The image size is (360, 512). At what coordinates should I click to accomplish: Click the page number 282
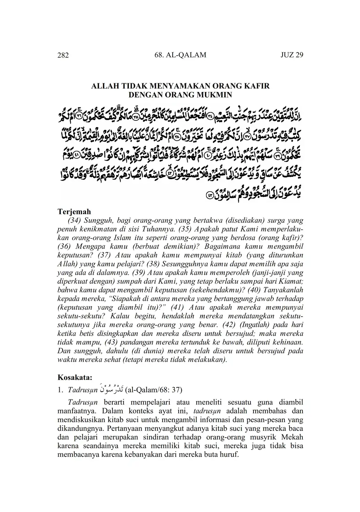tap(63, 55)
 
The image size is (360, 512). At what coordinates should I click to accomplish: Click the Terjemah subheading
tap(74, 211)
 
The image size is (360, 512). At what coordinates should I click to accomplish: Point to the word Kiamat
tap(291, 281)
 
